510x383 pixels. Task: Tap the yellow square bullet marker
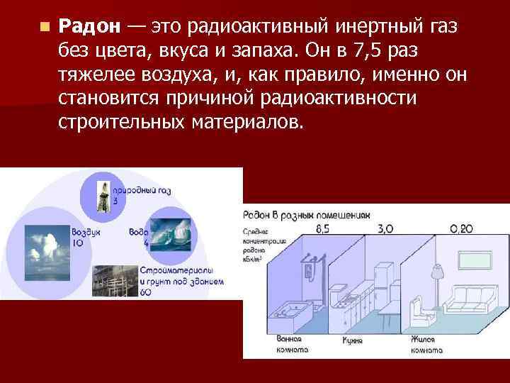point(44,28)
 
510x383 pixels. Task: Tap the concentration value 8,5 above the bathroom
point(322,228)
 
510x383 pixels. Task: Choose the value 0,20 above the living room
point(462,228)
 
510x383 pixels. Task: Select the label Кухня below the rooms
point(352,341)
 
